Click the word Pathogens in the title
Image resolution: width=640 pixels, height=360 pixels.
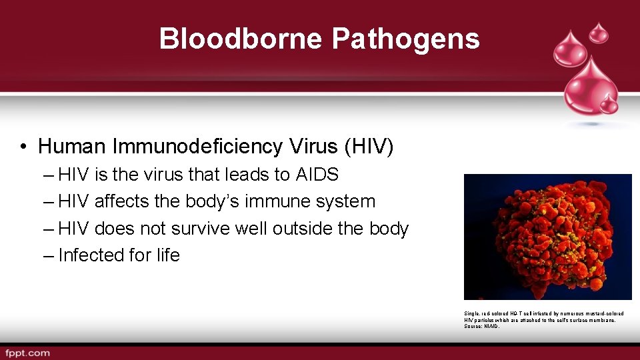pos(405,39)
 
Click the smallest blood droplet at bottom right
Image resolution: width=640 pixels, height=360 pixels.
pos(608,104)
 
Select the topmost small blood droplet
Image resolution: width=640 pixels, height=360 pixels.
pos(599,31)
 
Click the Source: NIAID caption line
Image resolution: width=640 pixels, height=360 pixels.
pos(482,326)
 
